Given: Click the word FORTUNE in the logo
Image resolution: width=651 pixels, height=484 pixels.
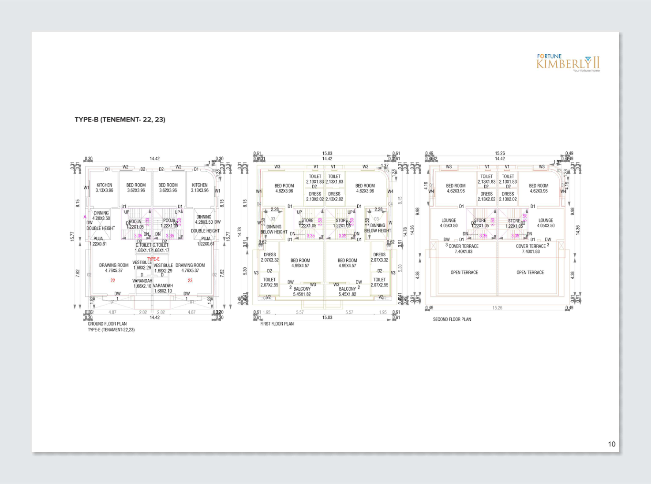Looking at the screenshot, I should coord(549,56).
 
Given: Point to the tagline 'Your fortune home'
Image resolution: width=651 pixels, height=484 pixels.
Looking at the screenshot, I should coord(586,70).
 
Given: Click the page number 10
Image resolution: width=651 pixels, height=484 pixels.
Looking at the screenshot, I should coord(611,444).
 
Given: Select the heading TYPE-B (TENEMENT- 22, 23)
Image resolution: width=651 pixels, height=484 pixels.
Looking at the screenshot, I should coord(120,119).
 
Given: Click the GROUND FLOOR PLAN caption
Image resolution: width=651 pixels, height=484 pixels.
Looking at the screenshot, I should coord(107,324).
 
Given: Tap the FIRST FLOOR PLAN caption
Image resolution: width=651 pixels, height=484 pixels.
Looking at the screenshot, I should coord(277,324).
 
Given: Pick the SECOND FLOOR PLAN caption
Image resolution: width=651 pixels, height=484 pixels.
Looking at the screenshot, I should coord(452,319).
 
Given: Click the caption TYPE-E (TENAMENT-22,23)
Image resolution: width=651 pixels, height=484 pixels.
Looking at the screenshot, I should coord(111,329).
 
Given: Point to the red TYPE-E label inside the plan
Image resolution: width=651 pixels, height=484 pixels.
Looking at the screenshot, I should coord(153,259).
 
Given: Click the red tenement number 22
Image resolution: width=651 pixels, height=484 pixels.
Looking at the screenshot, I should coord(113,281).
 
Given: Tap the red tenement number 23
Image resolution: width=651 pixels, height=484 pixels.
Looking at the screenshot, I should coord(190,281).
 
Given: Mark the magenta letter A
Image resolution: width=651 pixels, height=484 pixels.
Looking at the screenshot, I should coord(85,217).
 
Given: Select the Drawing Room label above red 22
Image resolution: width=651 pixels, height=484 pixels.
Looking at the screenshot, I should coord(114,265).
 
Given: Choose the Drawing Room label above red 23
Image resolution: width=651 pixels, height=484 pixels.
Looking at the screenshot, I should coord(190,265).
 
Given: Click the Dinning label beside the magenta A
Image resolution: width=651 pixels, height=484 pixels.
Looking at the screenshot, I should coord(101,213).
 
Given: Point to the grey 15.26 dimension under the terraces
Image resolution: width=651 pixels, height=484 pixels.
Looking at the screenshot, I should coord(497,308).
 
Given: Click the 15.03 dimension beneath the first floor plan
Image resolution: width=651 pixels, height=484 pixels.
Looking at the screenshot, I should coord(327,317).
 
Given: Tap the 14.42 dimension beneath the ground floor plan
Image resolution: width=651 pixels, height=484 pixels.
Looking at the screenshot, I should coord(154,317).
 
